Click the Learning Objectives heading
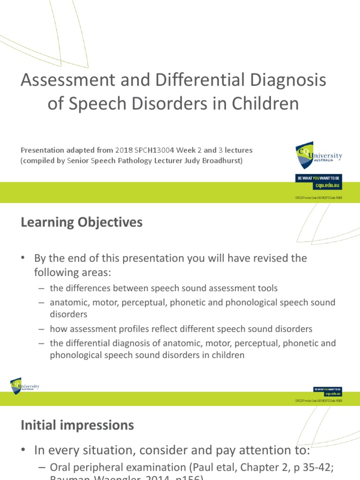click(82, 222)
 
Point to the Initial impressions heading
click(77, 425)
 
